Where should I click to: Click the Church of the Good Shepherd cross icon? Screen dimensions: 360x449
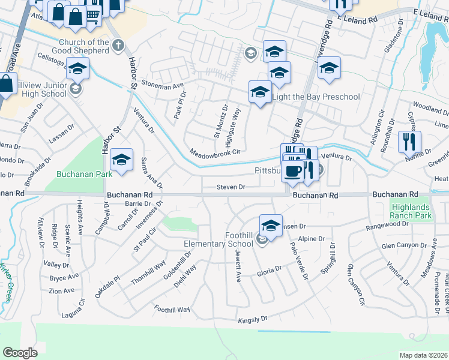(x=118, y=44)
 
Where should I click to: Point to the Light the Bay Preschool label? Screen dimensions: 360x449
(x=316, y=97)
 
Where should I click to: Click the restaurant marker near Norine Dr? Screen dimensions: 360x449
(x=409, y=143)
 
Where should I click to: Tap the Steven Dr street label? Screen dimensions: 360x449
(x=231, y=187)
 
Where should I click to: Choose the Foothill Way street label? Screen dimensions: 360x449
(x=172, y=309)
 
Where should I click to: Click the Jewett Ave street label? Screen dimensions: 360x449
(x=237, y=268)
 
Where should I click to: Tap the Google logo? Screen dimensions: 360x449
(x=20, y=353)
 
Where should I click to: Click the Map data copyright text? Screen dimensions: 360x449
(x=423, y=355)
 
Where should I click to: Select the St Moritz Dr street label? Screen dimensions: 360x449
(x=220, y=122)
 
